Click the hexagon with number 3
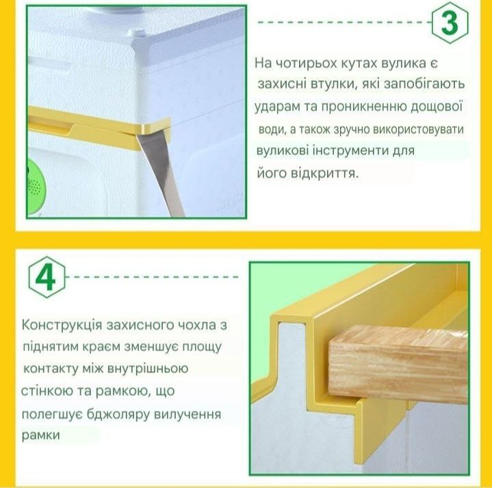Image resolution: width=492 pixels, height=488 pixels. [450, 23]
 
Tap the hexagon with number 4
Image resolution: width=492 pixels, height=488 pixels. [47, 277]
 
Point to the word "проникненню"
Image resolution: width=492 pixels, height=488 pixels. [359, 106]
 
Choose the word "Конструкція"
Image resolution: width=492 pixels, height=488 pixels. [62, 325]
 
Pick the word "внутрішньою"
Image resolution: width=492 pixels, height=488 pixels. [148, 368]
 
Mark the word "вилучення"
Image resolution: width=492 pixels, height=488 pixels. [187, 414]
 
